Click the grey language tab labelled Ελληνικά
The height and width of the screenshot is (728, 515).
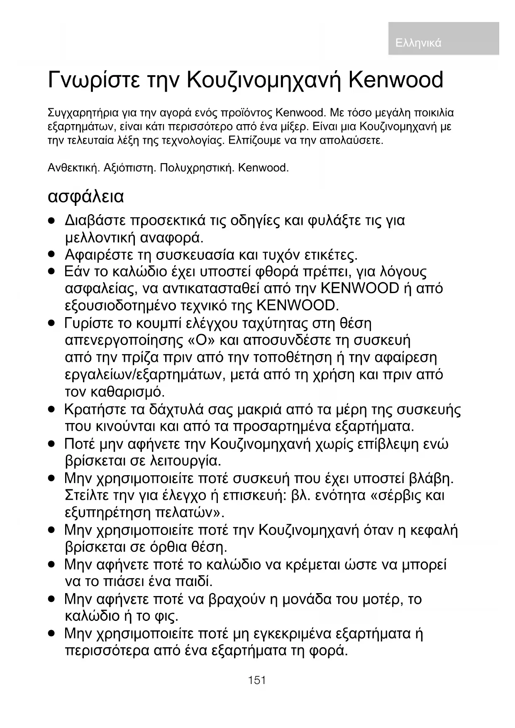coord(443,39)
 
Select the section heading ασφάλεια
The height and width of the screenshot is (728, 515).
coord(86,196)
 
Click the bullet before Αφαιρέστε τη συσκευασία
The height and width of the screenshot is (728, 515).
coord(51,254)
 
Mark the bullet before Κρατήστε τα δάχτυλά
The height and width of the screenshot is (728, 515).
coord(51,410)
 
